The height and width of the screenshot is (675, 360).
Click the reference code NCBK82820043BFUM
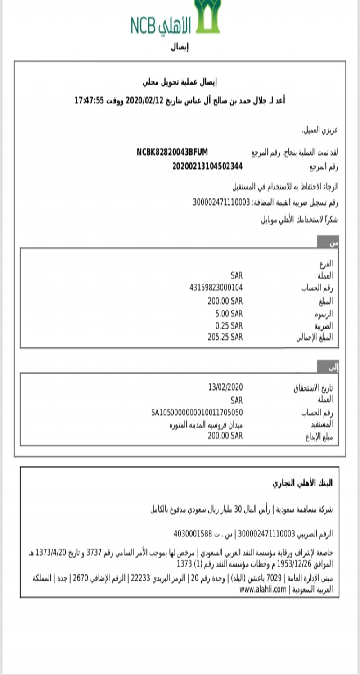click(172, 152)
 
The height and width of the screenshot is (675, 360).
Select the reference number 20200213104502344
click(207, 166)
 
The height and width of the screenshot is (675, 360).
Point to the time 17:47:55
click(90, 100)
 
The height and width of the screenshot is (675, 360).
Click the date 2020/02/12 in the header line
click(144, 100)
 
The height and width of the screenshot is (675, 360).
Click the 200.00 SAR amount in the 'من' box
click(225, 301)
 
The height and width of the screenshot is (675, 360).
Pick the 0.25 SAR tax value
click(229, 325)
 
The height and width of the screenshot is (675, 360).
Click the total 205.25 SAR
click(225, 337)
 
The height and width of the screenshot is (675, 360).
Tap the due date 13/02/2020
click(225, 387)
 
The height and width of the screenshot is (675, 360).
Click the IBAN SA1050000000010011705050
click(197, 412)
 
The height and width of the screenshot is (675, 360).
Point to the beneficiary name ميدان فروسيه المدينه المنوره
click(203, 424)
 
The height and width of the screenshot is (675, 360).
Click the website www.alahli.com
click(263, 589)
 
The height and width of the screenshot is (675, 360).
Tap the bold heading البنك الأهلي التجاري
click(302, 483)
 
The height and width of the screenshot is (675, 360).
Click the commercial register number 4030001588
click(193, 534)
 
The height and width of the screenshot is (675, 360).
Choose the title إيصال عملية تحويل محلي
click(180, 82)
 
